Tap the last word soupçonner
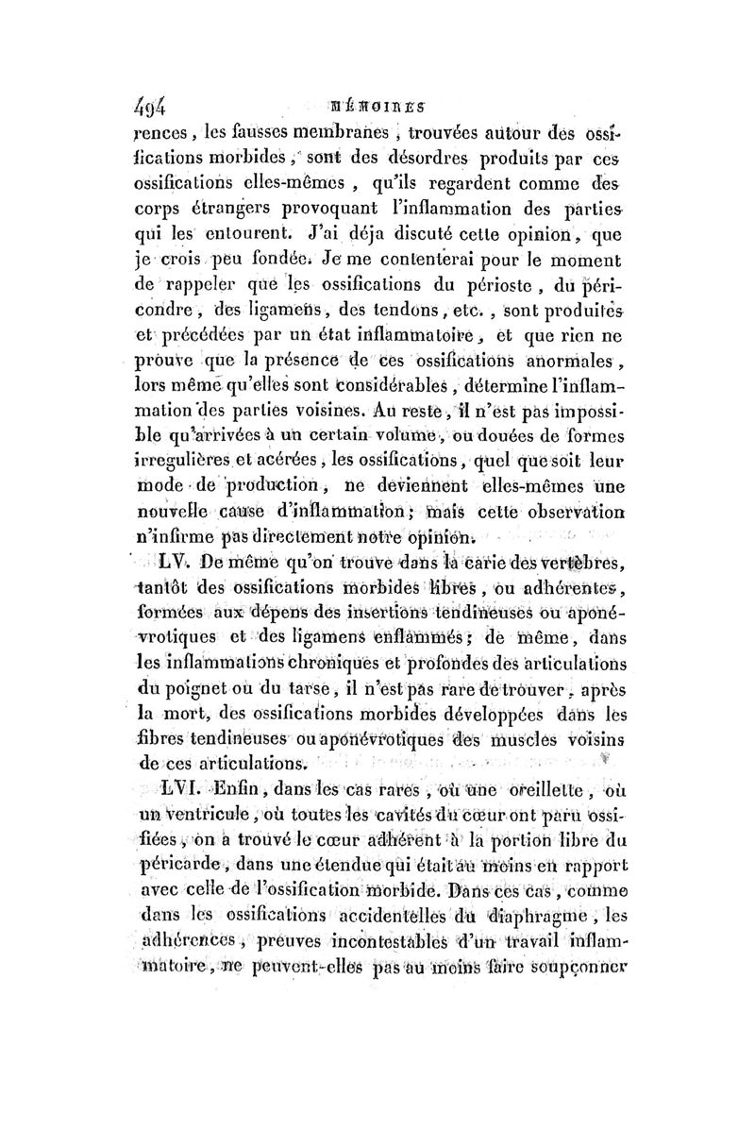579,964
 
